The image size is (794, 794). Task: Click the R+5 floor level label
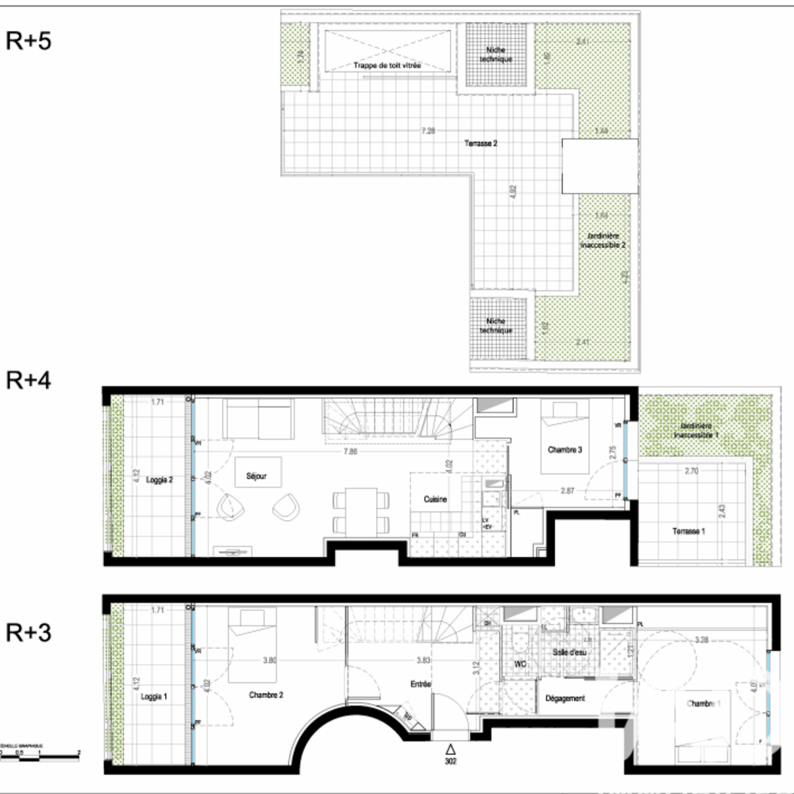(x=29, y=41)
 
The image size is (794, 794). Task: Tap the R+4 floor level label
(x=29, y=380)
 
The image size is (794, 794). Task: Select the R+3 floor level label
(x=29, y=633)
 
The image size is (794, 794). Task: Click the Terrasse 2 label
(x=481, y=144)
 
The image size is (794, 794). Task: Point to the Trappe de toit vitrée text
(x=387, y=65)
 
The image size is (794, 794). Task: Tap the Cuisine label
(x=435, y=499)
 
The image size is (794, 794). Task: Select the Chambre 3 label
(x=565, y=450)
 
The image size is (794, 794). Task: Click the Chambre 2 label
(x=266, y=694)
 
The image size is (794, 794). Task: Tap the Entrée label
(x=420, y=683)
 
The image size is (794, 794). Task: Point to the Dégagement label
(x=565, y=699)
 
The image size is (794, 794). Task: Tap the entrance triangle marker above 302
(x=451, y=747)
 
